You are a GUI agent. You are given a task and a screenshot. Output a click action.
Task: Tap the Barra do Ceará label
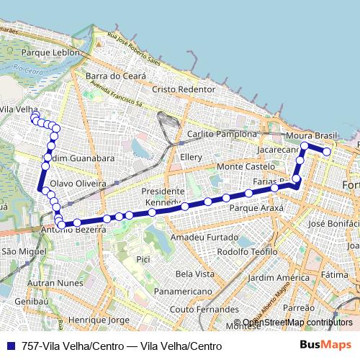(x=115, y=76)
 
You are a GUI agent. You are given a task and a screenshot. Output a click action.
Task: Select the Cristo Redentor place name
(x=184, y=89)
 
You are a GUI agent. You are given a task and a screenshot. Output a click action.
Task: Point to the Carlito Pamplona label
(x=222, y=135)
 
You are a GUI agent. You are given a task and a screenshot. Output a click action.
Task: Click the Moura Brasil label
(x=311, y=135)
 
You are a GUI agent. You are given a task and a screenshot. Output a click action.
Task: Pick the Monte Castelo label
(x=246, y=166)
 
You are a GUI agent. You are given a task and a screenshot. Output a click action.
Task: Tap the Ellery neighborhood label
(x=192, y=156)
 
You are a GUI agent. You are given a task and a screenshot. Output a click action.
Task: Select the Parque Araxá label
(x=256, y=207)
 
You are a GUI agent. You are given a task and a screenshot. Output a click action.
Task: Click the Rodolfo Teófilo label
(x=246, y=251)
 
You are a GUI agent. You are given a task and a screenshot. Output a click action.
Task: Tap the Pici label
(x=143, y=258)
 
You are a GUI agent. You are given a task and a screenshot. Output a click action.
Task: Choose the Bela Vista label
(x=194, y=274)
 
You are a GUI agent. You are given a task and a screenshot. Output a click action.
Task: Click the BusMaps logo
(x=325, y=346)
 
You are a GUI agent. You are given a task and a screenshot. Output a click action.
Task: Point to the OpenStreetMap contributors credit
(x=297, y=323)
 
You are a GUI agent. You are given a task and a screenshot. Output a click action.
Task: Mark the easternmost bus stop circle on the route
(x=326, y=151)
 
